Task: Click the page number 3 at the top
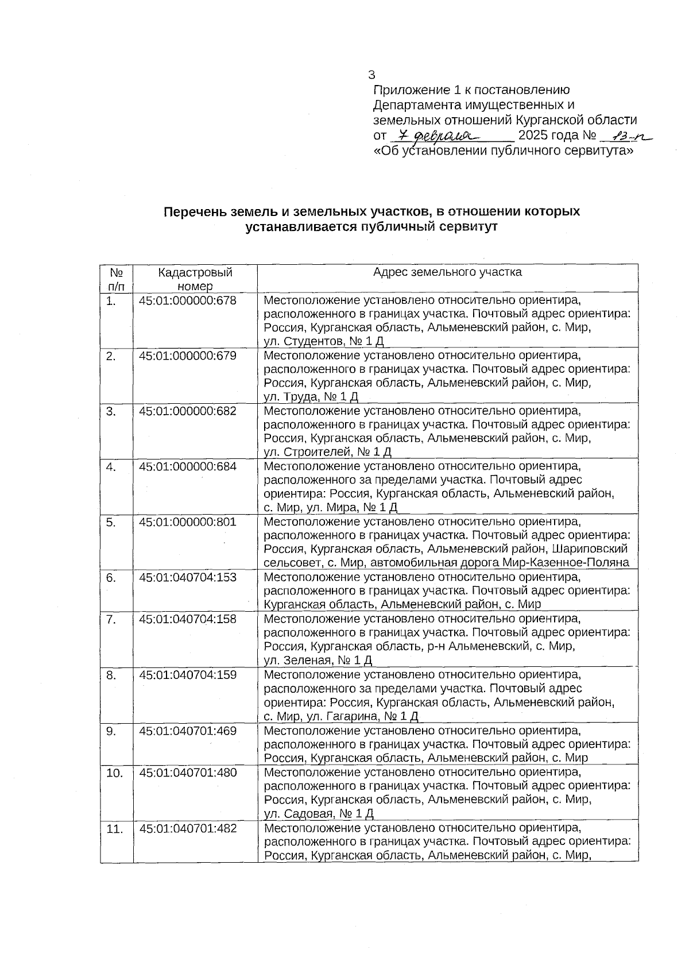[x=371, y=75]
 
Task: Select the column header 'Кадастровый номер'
[x=195, y=279]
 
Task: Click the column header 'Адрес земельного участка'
[x=447, y=272]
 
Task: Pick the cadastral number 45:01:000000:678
[x=187, y=300]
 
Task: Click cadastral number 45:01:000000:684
[x=187, y=466]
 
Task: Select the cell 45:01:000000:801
[x=187, y=522]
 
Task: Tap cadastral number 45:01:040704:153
[x=187, y=577]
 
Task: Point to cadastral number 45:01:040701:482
[x=187, y=828]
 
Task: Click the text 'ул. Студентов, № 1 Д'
[x=323, y=342]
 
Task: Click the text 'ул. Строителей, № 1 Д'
[x=327, y=453]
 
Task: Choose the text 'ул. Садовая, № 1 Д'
[x=319, y=813]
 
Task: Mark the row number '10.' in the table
[x=114, y=773]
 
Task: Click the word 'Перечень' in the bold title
[x=190, y=211]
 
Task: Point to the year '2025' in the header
[x=533, y=136]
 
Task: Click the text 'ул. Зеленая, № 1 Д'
[x=318, y=660]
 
